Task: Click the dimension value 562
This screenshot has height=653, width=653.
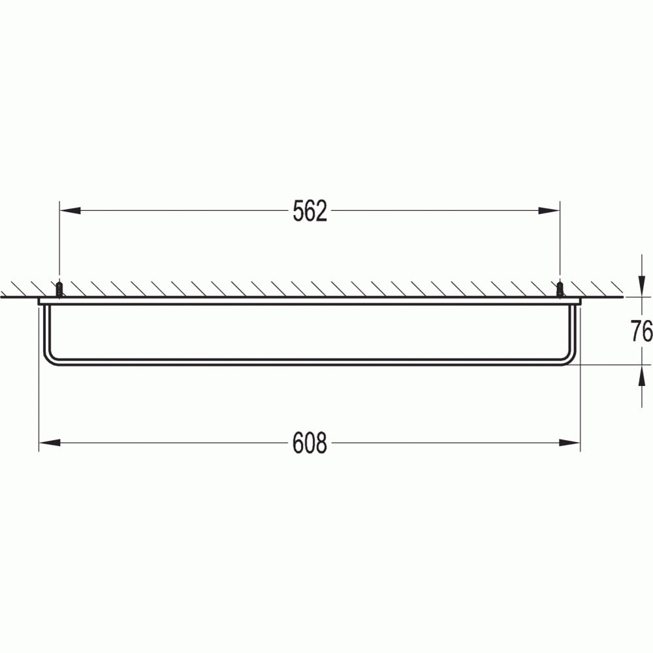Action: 310,211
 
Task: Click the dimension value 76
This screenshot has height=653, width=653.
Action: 641,331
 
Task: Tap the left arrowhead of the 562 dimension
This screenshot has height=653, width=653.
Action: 70,211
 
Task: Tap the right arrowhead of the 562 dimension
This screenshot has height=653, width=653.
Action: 549,211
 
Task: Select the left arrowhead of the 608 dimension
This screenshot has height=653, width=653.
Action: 49,442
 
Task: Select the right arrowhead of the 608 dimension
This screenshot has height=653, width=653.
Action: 569,442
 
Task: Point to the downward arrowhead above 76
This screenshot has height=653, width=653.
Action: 641,287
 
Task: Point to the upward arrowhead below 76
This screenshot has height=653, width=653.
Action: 641,375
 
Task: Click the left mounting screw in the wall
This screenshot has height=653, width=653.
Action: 59,289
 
